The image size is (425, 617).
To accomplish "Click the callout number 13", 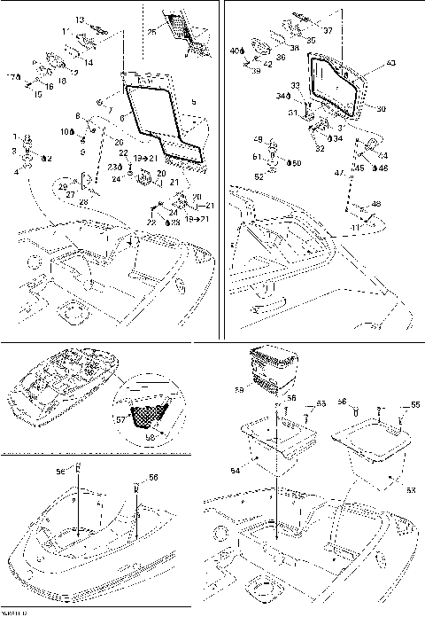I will pos(79,19).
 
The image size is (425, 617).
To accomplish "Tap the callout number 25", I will pos(151,33).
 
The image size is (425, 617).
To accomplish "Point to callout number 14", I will pos(89,63).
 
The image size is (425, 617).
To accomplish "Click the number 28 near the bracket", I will pos(83,203).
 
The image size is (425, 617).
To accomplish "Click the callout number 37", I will pos(328,29).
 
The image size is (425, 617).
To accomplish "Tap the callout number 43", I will pos(392,65).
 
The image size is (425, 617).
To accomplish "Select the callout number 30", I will pos(381,109).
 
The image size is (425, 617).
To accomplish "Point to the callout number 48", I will pos(375,205).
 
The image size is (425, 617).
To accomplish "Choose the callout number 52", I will pos(258,176).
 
